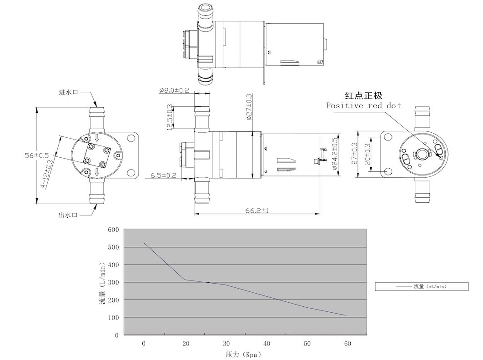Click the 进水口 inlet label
point(69,92)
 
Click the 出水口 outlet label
point(69,215)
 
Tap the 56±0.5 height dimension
point(37,155)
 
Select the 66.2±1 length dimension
point(257,210)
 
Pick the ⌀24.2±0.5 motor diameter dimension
point(336,154)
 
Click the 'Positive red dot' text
point(363,106)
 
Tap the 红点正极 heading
point(363,95)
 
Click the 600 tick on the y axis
point(113,230)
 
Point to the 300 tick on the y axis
point(113,282)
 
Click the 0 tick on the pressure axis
point(144,344)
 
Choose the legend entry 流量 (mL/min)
point(422,286)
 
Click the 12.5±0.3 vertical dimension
point(170,118)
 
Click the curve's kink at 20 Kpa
point(184,280)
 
